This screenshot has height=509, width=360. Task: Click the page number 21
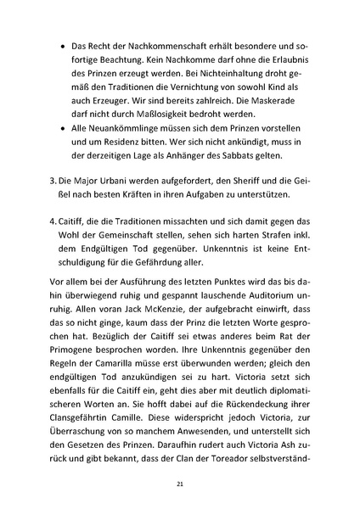(180, 484)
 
